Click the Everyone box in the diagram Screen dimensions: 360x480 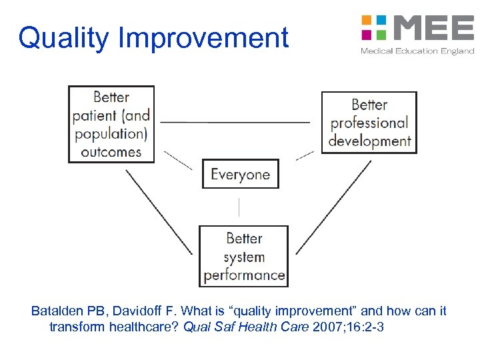pos(240,174)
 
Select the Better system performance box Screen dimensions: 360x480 pos(244,256)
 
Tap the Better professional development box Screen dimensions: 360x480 pos(369,123)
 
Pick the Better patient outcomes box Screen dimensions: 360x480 pos(111,124)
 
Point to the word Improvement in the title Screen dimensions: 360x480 pos(203,38)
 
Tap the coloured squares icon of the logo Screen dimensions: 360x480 pos(375,27)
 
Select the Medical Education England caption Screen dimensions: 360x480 pos(417,51)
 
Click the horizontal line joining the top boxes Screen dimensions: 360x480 pos(235,122)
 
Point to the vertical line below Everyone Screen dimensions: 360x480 pos(239,207)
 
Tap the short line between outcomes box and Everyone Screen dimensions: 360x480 pos(177,160)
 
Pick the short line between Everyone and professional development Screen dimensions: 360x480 pos(305,155)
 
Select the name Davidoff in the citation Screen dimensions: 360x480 pos(135,311)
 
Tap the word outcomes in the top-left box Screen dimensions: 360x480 pos(111,151)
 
